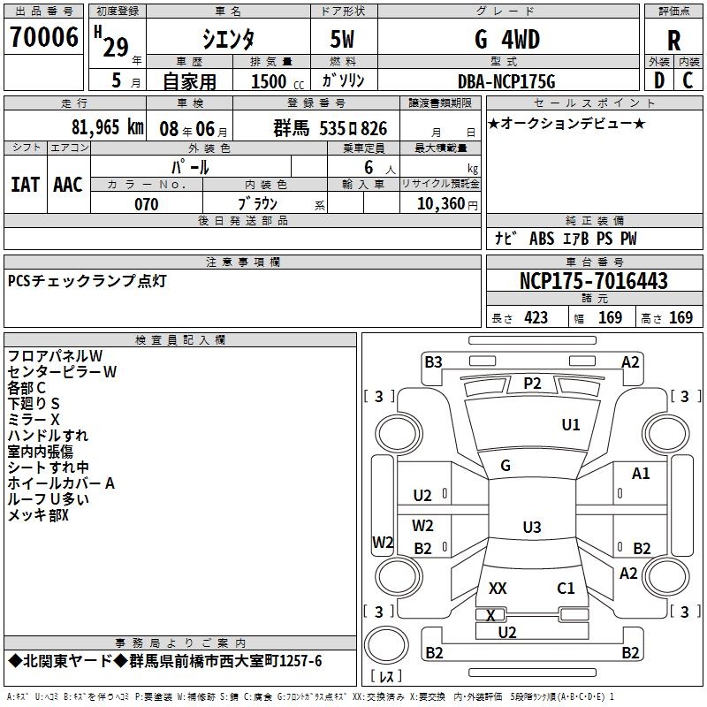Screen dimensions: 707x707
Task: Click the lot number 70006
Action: pyautogui.click(x=44, y=37)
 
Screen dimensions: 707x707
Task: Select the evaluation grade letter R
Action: pyautogui.click(x=673, y=41)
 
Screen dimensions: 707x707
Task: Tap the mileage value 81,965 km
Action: pyautogui.click(x=106, y=127)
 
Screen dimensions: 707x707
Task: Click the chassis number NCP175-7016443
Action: pyautogui.click(x=594, y=281)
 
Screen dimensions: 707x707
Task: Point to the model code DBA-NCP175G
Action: pyautogui.click(x=506, y=81)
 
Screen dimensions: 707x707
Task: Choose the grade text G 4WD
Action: pyautogui.click(x=506, y=40)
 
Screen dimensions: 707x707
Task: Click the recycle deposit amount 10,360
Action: pyautogui.click(x=438, y=204)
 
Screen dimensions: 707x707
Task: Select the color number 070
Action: pyautogui.click(x=146, y=204)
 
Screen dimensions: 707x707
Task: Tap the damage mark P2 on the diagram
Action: pyautogui.click(x=531, y=383)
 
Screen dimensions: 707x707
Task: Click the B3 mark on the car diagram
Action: pyautogui.click(x=432, y=361)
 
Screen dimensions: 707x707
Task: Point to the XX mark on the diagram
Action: pyautogui.click(x=498, y=588)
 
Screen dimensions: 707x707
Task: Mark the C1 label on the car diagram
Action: pyautogui.click(x=566, y=588)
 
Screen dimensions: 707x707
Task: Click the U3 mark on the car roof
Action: pyautogui.click(x=531, y=528)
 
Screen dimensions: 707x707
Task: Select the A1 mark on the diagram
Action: pyautogui.click(x=641, y=474)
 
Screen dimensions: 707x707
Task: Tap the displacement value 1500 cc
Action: pyautogui.click(x=271, y=81)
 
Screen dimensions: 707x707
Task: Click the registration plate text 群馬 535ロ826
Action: pyautogui.click(x=331, y=127)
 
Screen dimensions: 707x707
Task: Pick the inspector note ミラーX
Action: pyautogui.click(x=34, y=420)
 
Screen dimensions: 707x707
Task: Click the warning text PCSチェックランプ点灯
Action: pyautogui.click(x=87, y=281)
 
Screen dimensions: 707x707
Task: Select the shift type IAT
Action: pyautogui.click(x=25, y=184)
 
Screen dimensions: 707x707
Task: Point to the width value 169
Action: pyautogui.click(x=610, y=317)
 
